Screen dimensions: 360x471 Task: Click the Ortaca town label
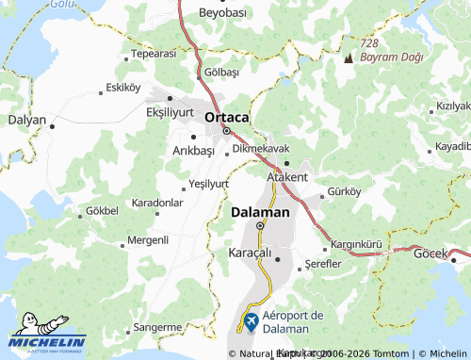coord(227,117)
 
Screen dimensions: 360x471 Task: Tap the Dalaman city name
coord(259,212)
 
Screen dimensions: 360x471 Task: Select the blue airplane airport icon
coord(252,322)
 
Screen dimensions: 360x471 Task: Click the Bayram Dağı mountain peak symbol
coord(350,57)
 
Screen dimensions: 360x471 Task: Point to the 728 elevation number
coord(368,44)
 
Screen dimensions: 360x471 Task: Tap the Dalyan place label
coord(26,121)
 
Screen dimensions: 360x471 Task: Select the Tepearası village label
coord(154,54)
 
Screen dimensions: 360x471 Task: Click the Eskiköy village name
coord(123,88)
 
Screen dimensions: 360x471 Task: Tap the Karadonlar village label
coord(156,203)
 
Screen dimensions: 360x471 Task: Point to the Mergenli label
coord(147,239)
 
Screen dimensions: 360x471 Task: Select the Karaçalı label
coord(250,254)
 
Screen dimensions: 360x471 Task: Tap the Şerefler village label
coord(324,264)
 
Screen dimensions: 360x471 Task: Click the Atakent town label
coord(287,177)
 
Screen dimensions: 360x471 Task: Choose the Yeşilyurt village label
coord(209,183)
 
